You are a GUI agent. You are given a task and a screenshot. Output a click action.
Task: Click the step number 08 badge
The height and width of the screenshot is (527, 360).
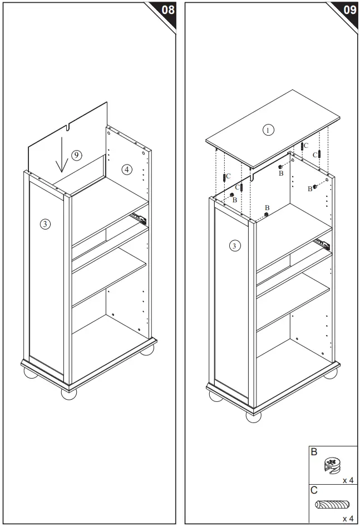(167, 10)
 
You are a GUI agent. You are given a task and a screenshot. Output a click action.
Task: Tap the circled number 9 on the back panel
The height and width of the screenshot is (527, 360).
(76, 155)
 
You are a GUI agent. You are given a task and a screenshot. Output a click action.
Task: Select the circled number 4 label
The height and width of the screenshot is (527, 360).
(127, 169)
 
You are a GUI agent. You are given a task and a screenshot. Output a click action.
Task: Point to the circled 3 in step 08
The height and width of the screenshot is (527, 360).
(45, 224)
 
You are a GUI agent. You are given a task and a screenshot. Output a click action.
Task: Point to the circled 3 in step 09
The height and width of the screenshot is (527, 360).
(235, 245)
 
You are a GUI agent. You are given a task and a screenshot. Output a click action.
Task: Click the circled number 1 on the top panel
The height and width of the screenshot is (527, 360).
(268, 130)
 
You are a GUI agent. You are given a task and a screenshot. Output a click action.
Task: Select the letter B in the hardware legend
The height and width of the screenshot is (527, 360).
(314, 452)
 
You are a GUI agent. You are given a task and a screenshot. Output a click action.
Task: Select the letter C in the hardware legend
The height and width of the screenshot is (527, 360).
(314, 491)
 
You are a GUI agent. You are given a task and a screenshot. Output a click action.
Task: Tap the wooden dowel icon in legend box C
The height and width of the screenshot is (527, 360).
(332, 505)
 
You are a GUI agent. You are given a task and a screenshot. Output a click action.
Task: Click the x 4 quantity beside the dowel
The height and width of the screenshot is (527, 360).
(348, 518)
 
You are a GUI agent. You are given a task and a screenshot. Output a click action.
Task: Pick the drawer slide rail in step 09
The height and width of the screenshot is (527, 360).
(322, 242)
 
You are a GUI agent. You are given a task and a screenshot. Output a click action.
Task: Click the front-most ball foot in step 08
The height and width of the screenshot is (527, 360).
(69, 394)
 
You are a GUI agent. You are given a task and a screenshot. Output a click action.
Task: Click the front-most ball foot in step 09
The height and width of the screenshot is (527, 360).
(254, 417)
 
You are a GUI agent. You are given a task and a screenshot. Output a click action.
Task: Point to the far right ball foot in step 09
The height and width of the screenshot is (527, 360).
(331, 372)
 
